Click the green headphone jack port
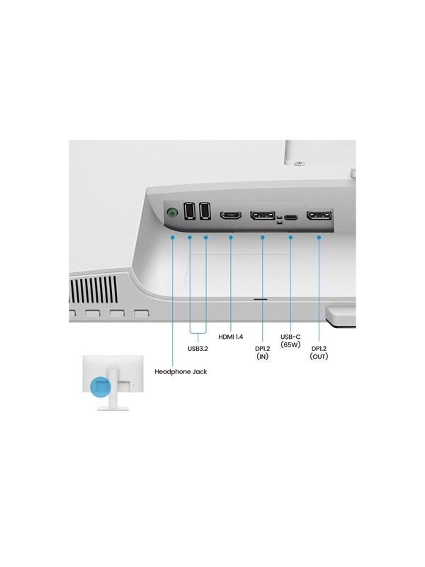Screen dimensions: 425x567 pos(172,212)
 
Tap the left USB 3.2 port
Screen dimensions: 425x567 pos(189,210)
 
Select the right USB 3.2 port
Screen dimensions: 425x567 pos(205,210)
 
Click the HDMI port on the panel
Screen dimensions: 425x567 pos(231,215)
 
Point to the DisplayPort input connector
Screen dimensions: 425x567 pos(263,215)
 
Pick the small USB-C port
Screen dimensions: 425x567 pos(290,217)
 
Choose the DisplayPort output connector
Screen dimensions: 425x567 pos(319,215)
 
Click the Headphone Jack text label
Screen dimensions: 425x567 pos(181,371)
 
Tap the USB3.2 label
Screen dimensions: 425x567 pos(198,349)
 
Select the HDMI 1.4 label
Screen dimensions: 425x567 pos(231,337)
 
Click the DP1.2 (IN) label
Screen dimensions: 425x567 pos(262,352)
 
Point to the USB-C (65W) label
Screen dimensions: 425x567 pos(290,341)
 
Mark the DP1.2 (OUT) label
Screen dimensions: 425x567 pos(319,352)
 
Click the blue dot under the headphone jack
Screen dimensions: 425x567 pos(173,237)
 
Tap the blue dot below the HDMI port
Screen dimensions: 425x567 pos(231,237)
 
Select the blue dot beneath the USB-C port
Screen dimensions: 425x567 pos(290,237)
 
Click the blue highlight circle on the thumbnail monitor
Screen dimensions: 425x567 pos(101,387)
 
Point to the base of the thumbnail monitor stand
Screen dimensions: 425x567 pos(113,408)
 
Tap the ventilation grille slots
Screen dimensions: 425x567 pos(93,289)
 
